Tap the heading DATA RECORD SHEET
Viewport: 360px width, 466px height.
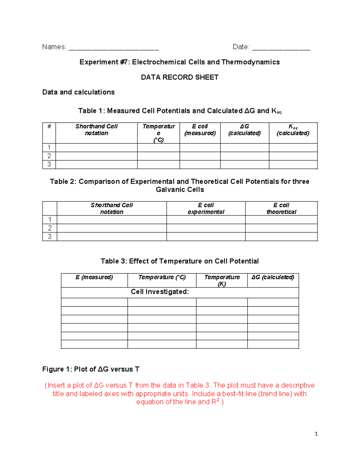pos(180,77)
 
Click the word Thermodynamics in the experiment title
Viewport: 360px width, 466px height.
pos(250,62)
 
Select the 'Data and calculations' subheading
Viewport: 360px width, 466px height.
pos(78,92)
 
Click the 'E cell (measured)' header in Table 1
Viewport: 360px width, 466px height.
pos(200,130)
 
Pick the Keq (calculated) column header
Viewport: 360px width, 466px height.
pos(293,130)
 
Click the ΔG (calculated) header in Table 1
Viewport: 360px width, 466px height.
pos(244,130)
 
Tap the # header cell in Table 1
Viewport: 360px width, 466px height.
pos(49,127)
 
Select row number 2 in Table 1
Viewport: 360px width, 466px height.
pos(49,156)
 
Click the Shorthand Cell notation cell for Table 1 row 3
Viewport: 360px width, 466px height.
pos(96,164)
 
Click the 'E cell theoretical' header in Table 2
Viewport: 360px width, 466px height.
pos(281,209)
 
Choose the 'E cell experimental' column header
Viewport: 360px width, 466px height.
pos(206,209)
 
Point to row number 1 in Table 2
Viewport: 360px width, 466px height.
pos(50,220)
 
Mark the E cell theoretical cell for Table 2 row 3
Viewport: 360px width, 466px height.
pos(281,237)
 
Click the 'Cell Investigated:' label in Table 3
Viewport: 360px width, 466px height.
pos(160,292)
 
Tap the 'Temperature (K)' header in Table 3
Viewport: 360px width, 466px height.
pos(222,281)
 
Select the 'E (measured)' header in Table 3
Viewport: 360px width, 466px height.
pos(94,277)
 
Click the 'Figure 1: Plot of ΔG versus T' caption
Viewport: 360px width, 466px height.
pos(91,369)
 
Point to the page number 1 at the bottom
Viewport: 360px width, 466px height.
pos(316,434)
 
